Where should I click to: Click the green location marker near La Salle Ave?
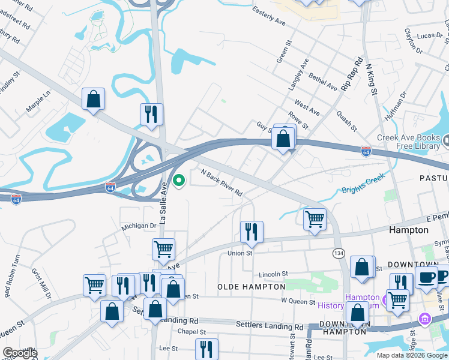tap(178, 180)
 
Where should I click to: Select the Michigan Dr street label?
tap(139, 226)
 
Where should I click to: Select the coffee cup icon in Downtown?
tap(426, 277)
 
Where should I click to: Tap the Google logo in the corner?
tap(20, 353)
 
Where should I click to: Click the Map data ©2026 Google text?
tap(411, 355)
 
